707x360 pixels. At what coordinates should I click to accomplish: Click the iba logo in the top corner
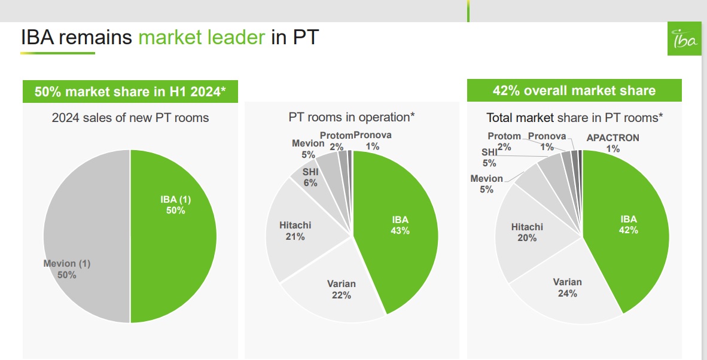pyautogui.click(x=684, y=39)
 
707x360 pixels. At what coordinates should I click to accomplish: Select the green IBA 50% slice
pyautogui.click(x=173, y=239)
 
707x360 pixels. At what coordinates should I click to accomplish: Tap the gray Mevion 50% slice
pyautogui.click(x=84, y=239)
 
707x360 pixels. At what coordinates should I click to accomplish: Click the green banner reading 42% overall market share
pyautogui.click(x=574, y=91)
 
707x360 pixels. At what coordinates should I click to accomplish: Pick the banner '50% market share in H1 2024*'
pyautogui.click(x=130, y=92)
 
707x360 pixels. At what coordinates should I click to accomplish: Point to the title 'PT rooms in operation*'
pyautogui.click(x=352, y=117)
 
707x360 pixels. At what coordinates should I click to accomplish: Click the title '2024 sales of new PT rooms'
pyautogui.click(x=130, y=118)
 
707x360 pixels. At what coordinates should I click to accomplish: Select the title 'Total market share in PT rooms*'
pyautogui.click(x=574, y=118)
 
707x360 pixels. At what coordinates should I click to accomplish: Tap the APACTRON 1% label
pyautogui.click(x=612, y=143)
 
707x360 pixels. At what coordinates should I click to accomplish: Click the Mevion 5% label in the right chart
pyautogui.click(x=486, y=184)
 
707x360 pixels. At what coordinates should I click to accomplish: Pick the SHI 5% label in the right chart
pyautogui.click(x=489, y=157)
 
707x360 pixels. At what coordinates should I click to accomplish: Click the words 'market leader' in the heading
pyautogui.click(x=202, y=38)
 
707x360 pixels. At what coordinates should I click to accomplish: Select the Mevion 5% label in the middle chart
pyautogui.click(x=308, y=148)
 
